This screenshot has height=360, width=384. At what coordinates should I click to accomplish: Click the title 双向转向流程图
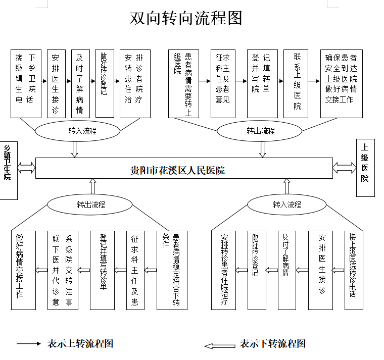pyautogui.click(x=186, y=18)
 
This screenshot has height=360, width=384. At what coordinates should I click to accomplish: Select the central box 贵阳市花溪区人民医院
pyautogui.click(x=184, y=168)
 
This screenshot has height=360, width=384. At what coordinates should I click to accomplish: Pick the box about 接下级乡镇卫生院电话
pyautogui.click(x=26, y=83)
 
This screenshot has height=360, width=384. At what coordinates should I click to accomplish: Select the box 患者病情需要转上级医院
pyautogui.click(x=183, y=83)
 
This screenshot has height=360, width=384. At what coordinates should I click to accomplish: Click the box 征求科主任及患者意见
pyautogui.click(x=223, y=83)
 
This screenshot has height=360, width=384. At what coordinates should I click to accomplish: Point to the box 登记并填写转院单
pyautogui.click(x=259, y=83)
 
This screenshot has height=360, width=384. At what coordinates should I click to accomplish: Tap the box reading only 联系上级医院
pyautogui.click(x=296, y=83)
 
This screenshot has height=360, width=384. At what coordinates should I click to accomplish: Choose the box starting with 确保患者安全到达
pyautogui.click(x=341, y=83)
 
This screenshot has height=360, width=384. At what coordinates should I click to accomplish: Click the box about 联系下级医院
pyautogui.click(x=63, y=270)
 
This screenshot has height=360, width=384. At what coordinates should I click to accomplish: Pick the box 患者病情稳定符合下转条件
pyautogui.click(x=172, y=270)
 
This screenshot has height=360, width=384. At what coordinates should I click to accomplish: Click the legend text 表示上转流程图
pyautogui.click(x=80, y=344)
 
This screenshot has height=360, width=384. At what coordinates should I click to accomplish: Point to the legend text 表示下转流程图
pyautogui.click(x=273, y=344)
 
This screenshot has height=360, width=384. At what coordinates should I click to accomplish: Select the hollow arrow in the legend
pyautogui.click(x=220, y=346)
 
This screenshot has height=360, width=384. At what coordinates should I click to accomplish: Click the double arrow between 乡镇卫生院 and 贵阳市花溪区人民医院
pyautogui.click(x=26, y=167)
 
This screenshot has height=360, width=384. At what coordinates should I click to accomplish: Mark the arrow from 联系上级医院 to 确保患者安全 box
pyautogui.click(x=314, y=81)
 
